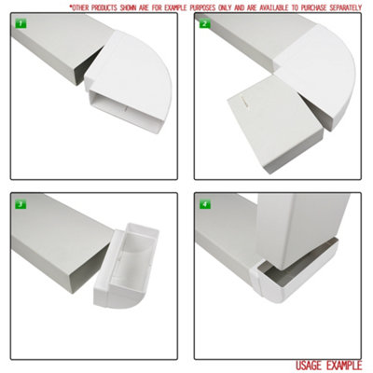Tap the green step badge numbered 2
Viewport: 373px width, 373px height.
coord(204,22)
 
